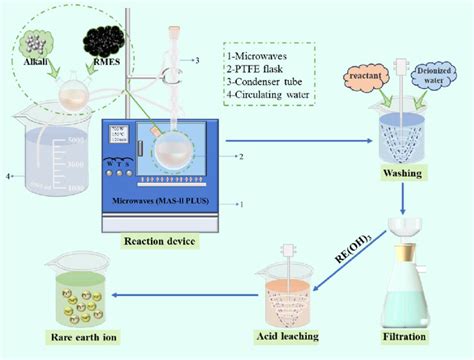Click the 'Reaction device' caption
159,240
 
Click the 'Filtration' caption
413,336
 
